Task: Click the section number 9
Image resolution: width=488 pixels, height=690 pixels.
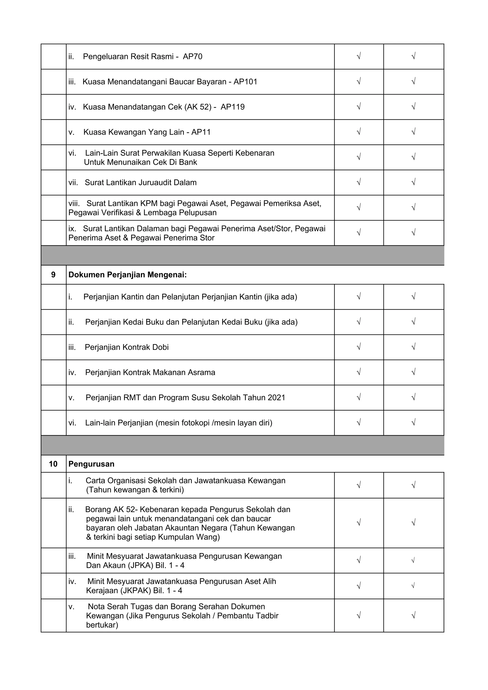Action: (54, 275)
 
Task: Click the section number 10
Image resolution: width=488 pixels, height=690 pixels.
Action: (53, 464)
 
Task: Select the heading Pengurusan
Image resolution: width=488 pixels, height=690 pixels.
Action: (91, 464)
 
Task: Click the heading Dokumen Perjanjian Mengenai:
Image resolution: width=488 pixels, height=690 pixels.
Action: (127, 275)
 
